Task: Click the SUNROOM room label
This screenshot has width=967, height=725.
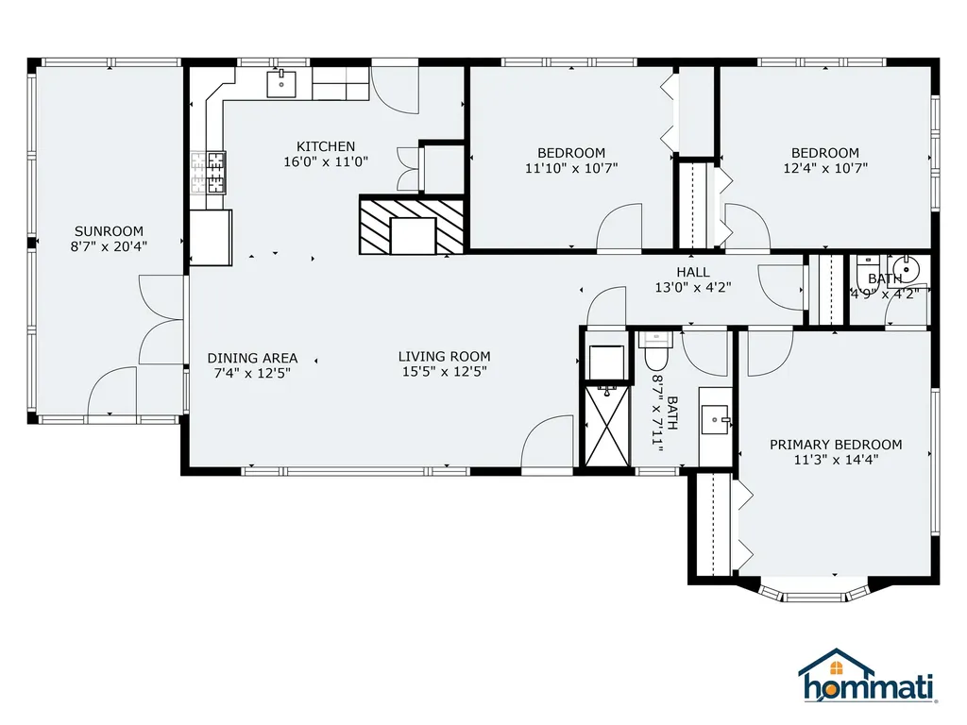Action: click(110, 231)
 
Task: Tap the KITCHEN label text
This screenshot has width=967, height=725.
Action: click(326, 146)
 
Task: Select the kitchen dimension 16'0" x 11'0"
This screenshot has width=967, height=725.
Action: click(326, 162)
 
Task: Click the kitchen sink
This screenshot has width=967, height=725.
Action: click(281, 84)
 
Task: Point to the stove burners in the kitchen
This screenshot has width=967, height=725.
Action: click(208, 173)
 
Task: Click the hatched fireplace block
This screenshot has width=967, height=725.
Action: click(412, 225)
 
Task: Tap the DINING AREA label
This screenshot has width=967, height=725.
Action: click(252, 358)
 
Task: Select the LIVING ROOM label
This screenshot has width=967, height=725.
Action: click(444, 356)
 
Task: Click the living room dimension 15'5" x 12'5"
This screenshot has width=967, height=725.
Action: click(444, 372)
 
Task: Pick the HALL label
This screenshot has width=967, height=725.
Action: click(692, 272)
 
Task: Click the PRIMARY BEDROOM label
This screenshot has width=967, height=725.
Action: click(836, 445)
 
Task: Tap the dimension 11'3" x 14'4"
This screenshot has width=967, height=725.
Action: click(836, 460)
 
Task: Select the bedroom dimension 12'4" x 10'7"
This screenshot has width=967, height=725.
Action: click(825, 168)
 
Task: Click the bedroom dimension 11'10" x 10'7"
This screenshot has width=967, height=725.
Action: click(571, 168)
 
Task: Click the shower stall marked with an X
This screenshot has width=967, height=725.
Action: click(607, 426)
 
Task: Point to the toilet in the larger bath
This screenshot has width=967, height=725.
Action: click(655, 350)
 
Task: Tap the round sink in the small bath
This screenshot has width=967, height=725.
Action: click(906, 269)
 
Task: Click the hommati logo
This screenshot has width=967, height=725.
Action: click(867, 675)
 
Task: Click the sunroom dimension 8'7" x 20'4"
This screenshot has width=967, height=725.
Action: click(110, 246)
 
